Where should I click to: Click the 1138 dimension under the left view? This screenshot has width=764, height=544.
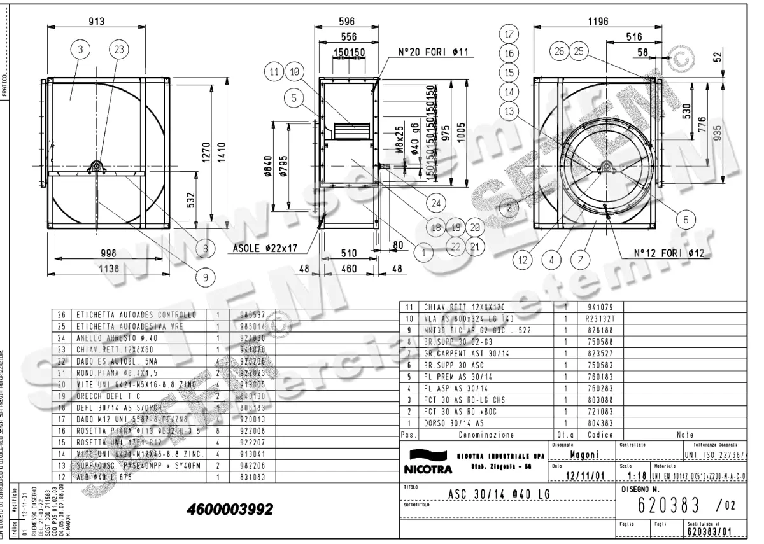coord(110,269)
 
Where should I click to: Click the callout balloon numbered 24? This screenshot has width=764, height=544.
coord(435,204)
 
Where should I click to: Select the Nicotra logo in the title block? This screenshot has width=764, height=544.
coord(427,463)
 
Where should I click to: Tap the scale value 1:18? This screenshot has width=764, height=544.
coord(637,475)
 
